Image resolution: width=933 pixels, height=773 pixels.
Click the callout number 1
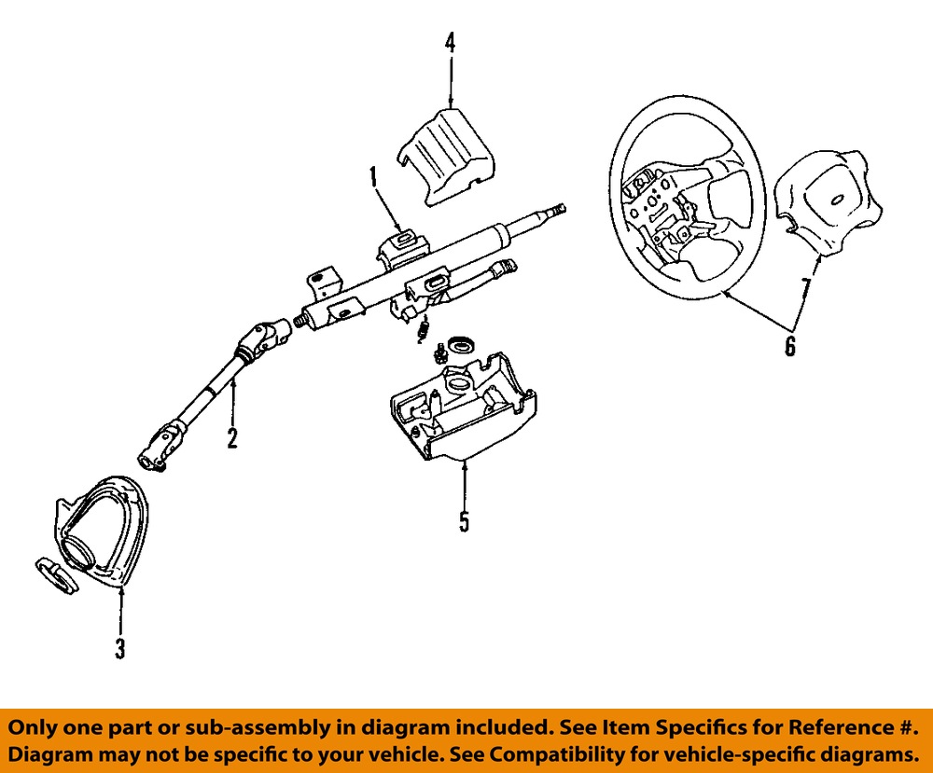[x=371, y=174]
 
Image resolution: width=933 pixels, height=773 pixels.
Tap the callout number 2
[x=231, y=436]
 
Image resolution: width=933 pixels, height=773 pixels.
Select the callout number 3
[x=119, y=648]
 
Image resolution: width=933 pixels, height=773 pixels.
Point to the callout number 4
[x=450, y=42]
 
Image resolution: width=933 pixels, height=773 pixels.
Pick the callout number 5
[x=464, y=520]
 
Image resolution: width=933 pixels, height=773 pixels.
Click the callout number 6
[x=789, y=347]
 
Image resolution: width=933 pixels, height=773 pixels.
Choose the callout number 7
[x=804, y=286]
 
